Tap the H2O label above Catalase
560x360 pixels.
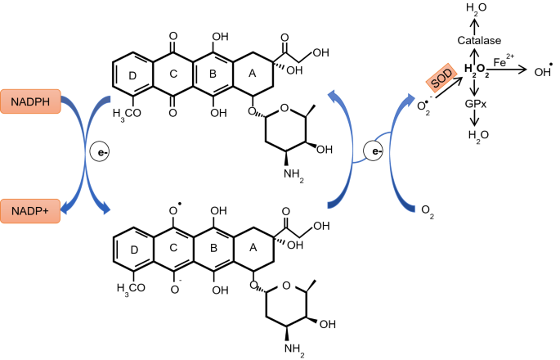473,10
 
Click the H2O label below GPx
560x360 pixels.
473,135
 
